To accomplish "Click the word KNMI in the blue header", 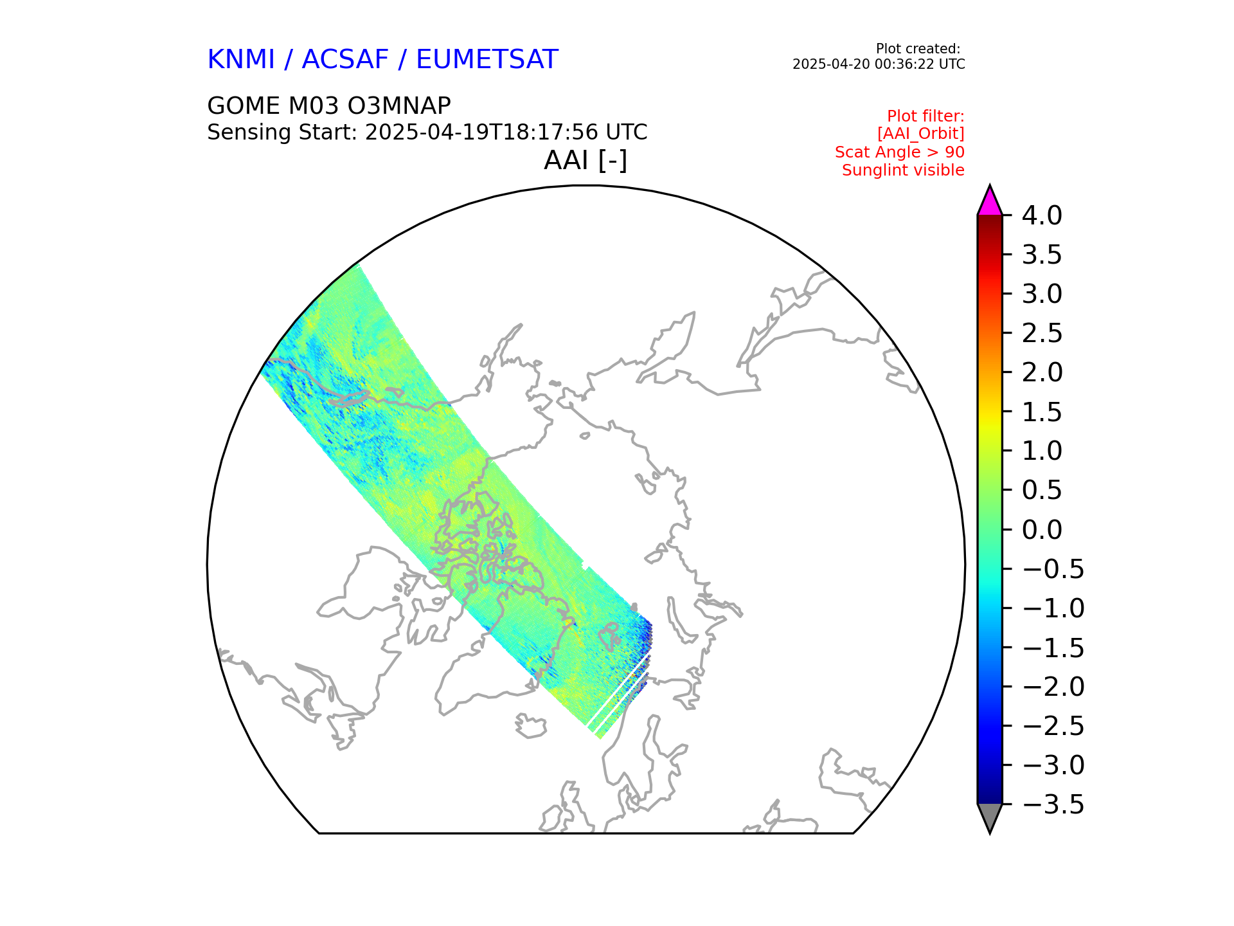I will (x=241, y=60).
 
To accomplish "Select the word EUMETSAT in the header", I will (x=487, y=60).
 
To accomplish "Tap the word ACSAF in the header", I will (x=345, y=60).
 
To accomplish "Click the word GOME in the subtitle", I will (x=244, y=106).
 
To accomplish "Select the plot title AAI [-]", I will (x=585, y=160).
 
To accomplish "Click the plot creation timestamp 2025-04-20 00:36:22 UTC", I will (x=878, y=64).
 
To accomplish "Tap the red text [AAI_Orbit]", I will (x=920, y=134).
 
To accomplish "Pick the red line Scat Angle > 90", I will (x=899, y=152).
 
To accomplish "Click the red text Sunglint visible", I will (x=902, y=170).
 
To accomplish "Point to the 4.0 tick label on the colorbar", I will (x=1042, y=215).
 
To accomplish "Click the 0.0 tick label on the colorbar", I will (x=1042, y=530).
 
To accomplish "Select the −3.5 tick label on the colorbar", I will (x=1053, y=804).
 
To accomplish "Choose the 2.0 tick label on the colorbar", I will (x=1042, y=372).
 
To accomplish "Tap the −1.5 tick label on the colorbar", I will (x=1053, y=648).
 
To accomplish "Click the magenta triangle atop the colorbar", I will (x=990, y=203).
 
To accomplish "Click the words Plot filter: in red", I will (x=925, y=116).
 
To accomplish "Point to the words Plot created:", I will (x=918, y=49).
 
